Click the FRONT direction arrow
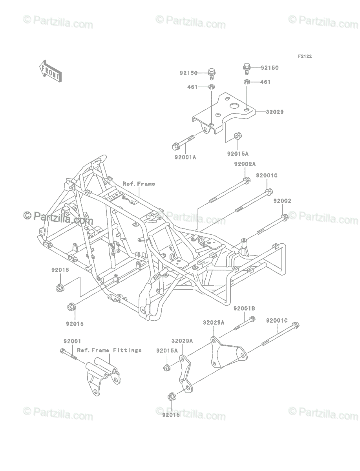click(51, 71)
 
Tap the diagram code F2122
click(305, 57)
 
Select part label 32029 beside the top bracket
click(274, 112)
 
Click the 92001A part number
click(185, 157)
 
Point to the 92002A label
click(245, 164)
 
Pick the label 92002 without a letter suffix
click(282, 201)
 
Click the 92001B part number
click(244, 309)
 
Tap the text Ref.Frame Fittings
click(109, 350)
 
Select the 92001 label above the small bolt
click(72, 341)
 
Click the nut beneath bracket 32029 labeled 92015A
click(237, 136)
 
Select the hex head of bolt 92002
click(284, 217)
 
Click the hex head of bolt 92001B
click(252, 319)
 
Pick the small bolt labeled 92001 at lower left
click(68, 354)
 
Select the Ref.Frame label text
click(139, 184)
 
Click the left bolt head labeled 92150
click(211, 73)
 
